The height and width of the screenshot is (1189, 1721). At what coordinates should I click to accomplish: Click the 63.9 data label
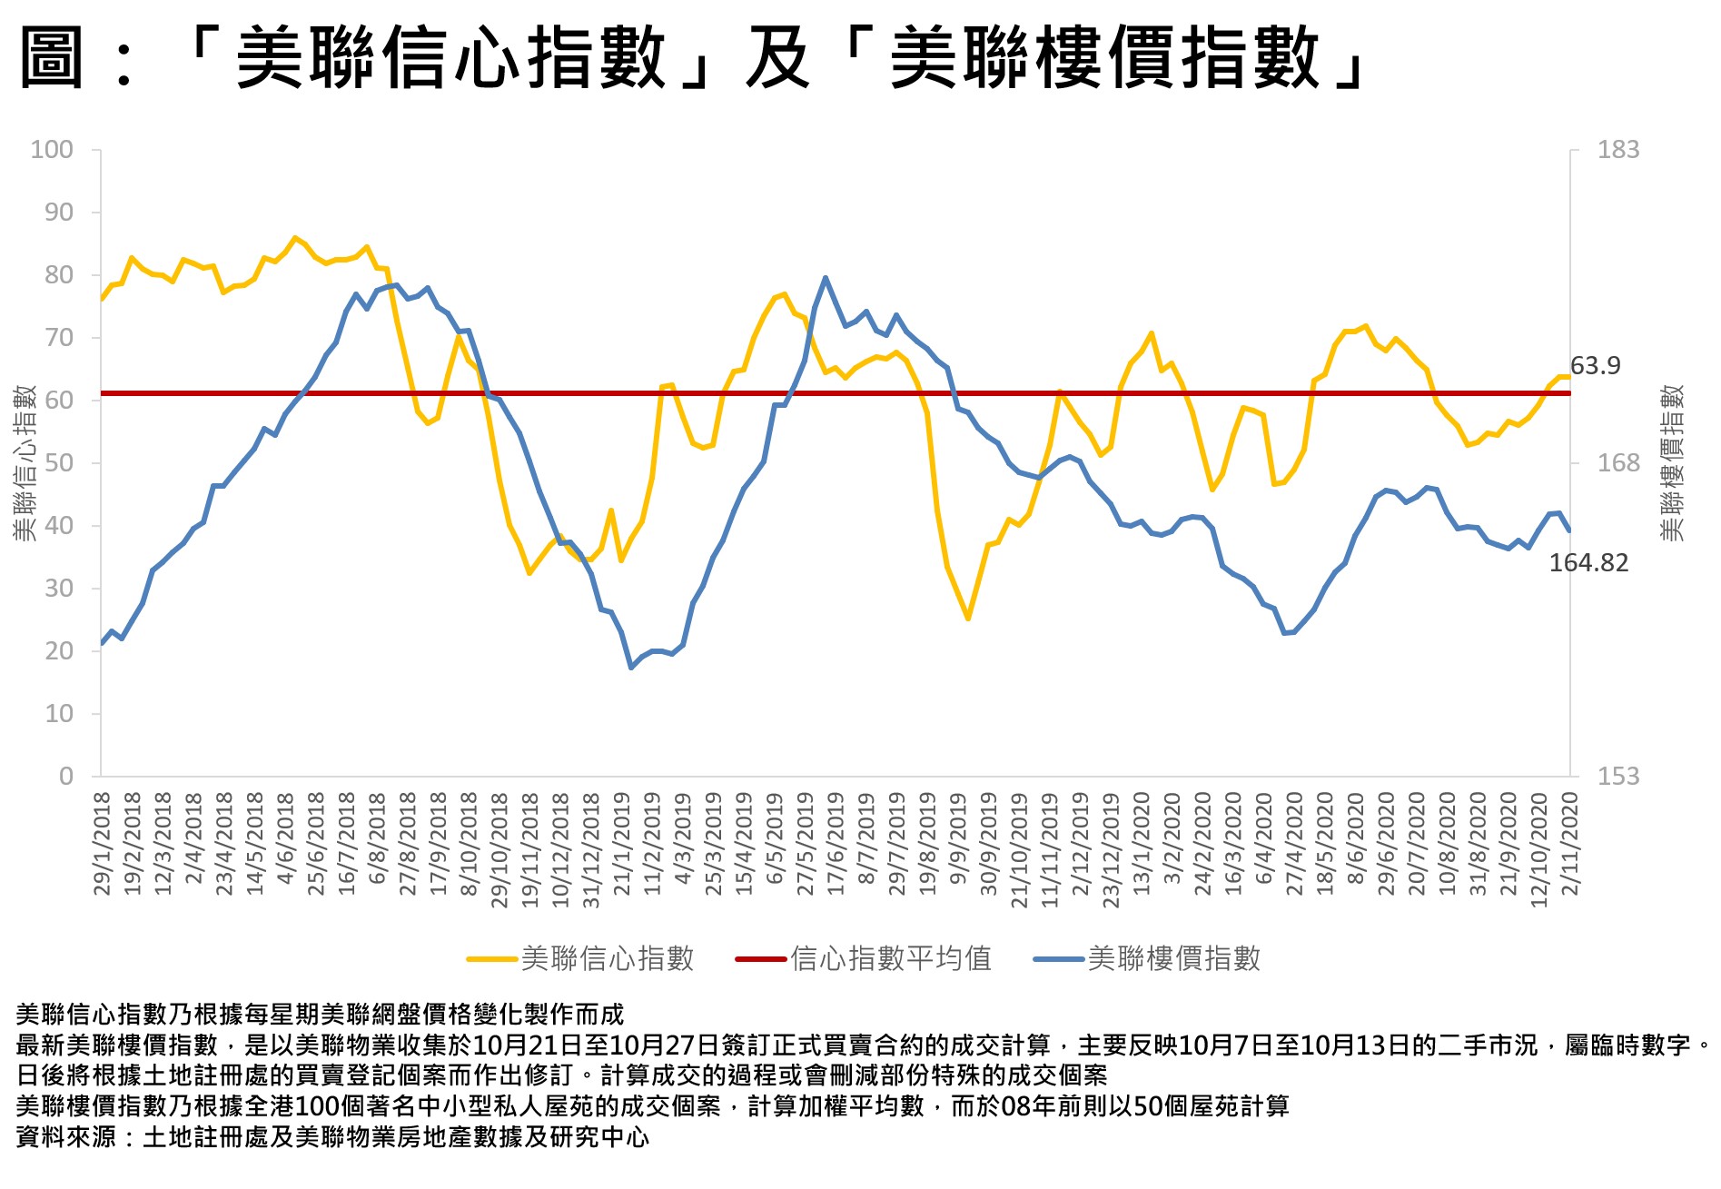tap(1595, 366)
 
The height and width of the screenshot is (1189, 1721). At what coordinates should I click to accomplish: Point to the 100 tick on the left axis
tap(52, 150)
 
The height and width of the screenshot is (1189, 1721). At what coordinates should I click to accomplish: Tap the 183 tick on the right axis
tap(1617, 150)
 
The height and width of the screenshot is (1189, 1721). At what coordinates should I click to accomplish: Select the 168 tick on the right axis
tap(1617, 463)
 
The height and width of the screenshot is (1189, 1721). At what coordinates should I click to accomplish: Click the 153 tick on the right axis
tap(1617, 777)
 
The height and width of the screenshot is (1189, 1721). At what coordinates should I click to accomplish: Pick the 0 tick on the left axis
tap(65, 777)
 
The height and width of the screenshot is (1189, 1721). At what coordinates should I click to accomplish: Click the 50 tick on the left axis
tap(58, 463)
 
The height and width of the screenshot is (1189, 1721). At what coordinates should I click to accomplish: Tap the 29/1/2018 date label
tap(102, 843)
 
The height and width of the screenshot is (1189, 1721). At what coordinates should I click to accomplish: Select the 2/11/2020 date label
tap(1569, 843)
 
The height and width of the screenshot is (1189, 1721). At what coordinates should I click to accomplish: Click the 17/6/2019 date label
tap(836, 843)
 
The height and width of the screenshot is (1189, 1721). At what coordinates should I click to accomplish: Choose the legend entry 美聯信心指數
tap(607, 958)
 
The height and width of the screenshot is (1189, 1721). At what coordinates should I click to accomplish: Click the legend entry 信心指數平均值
tap(890, 958)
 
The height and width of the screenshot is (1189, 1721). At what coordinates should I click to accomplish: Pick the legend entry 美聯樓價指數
tap(1173, 958)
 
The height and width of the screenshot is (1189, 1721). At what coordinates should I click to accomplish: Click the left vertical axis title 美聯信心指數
tap(25, 463)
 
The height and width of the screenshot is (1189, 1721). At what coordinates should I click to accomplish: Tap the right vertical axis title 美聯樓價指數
tap(1672, 463)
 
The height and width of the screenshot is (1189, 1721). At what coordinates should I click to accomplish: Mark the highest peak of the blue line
tap(826, 278)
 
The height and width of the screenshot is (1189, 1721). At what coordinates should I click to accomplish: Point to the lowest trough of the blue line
tap(631, 668)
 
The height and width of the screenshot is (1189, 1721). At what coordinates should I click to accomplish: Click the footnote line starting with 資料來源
tap(332, 1137)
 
